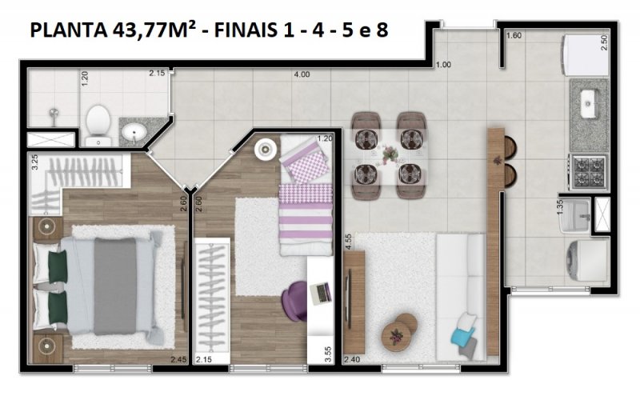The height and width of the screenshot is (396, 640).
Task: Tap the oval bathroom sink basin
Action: pyautogui.click(x=134, y=132)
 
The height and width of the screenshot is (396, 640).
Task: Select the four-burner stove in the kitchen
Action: pyautogui.click(x=588, y=171)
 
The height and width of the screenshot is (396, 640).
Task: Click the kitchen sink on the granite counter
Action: pyautogui.click(x=588, y=104)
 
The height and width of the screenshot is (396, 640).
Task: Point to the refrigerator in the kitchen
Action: pyautogui.click(x=586, y=55)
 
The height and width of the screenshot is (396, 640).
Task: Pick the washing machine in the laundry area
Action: pyautogui.click(x=587, y=260)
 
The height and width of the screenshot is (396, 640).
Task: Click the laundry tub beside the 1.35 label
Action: pyautogui.click(x=575, y=215)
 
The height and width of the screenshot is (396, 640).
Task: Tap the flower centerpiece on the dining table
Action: pyautogui.click(x=390, y=154)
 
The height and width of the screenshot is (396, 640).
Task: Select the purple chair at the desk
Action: pyautogui.click(x=294, y=302)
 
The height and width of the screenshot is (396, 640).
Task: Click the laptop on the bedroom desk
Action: pyautogui.click(x=321, y=293)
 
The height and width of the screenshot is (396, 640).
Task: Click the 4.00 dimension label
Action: pyautogui.click(x=302, y=74)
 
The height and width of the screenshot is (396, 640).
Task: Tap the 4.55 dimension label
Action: pyautogui.click(x=348, y=242)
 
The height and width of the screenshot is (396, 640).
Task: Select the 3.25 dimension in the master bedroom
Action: pyautogui.click(x=34, y=162)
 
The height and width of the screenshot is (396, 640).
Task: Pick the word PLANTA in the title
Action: pyautogui.click(x=68, y=30)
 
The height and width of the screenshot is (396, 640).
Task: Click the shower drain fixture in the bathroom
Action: pyautogui.click(x=53, y=114)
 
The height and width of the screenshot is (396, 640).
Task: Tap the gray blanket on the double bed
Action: pyautogui.click(x=115, y=286)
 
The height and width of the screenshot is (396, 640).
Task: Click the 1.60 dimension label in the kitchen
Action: pyautogui.click(x=514, y=35)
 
